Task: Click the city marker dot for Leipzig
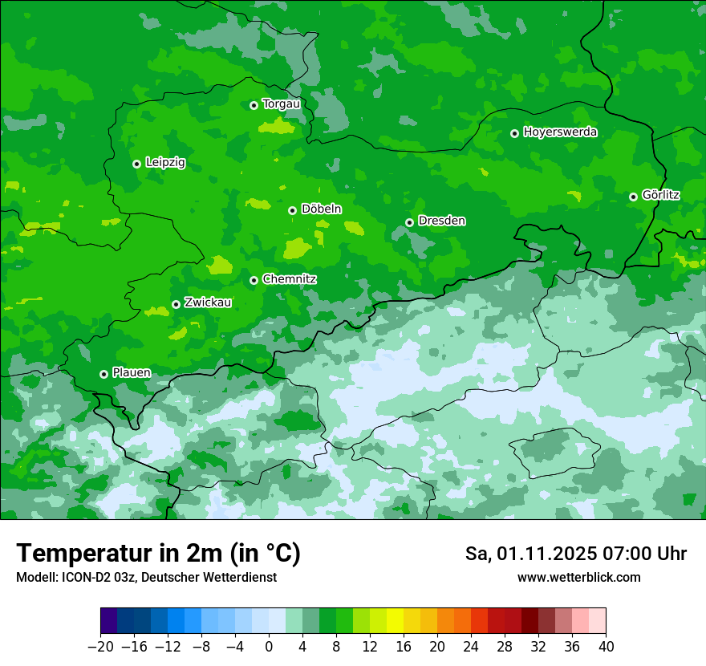(x=136, y=164)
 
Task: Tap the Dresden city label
(x=441, y=221)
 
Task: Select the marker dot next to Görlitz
(x=633, y=197)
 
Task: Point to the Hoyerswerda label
(x=560, y=132)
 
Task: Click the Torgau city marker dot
(x=254, y=105)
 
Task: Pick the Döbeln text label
(x=321, y=209)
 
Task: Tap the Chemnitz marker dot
(x=254, y=280)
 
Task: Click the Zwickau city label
(x=208, y=303)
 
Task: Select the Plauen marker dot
(x=103, y=374)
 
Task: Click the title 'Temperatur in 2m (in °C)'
(x=158, y=554)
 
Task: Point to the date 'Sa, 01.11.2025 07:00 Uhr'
(x=575, y=554)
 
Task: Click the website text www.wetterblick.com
(x=578, y=578)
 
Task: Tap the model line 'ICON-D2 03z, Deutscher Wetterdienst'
(x=146, y=578)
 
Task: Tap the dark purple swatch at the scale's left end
(x=108, y=621)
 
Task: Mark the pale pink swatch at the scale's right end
(x=598, y=621)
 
